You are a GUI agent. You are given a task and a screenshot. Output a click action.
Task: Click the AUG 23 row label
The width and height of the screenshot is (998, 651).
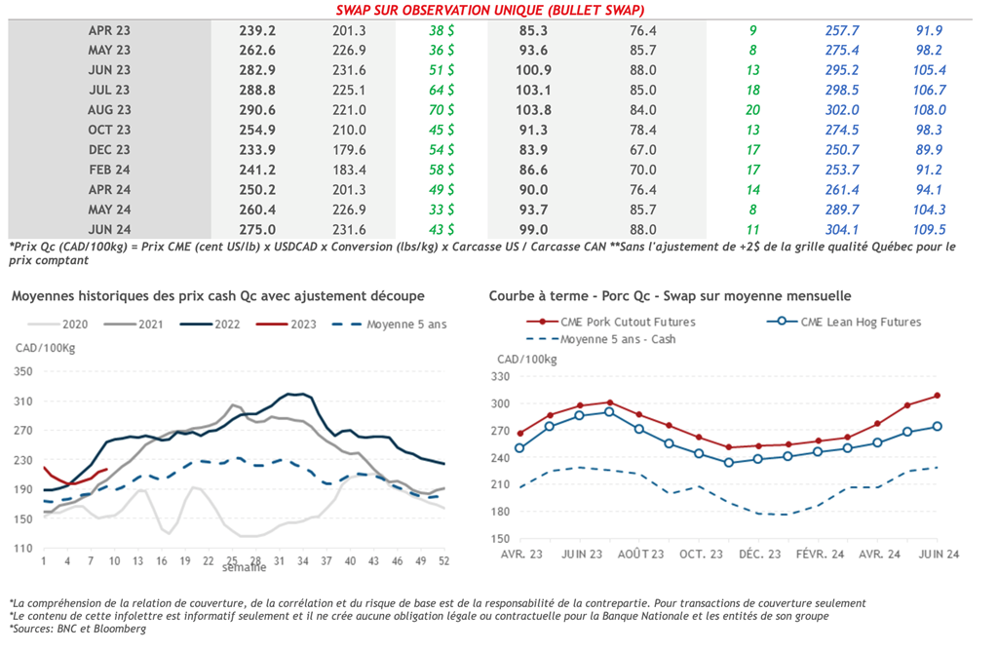tap(109, 110)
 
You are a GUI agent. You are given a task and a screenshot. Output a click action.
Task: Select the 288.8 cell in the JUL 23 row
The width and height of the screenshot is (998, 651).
tap(257, 91)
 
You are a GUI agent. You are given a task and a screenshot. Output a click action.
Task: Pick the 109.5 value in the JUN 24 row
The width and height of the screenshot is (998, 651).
tap(930, 230)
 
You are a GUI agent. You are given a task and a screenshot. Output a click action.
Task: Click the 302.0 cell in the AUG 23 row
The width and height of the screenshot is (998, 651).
tap(842, 110)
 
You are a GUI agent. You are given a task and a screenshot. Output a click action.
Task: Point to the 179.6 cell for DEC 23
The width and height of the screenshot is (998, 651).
tap(349, 150)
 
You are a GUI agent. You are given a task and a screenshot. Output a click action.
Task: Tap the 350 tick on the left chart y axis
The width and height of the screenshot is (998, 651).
tap(23, 372)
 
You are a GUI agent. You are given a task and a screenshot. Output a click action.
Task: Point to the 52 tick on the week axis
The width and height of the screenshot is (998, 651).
tap(444, 561)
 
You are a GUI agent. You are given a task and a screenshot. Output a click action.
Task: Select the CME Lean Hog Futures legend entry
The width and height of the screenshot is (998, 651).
tap(858, 322)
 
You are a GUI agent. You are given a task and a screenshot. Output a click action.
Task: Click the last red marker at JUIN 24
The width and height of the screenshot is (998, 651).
tap(937, 396)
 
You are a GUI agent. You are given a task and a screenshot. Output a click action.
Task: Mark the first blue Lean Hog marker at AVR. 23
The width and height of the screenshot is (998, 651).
tap(520, 448)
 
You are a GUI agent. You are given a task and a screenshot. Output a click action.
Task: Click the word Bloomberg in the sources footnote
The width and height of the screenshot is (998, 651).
tap(118, 630)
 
